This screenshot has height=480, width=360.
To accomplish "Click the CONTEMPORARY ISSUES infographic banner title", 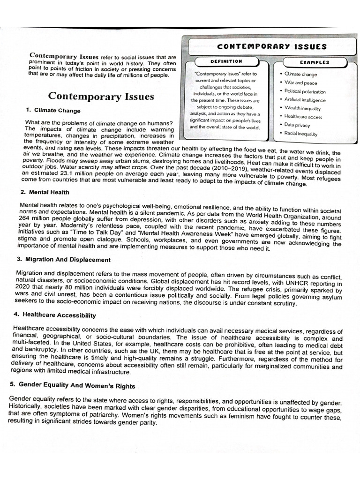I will click(x=272, y=47).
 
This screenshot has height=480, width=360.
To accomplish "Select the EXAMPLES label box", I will click(x=314, y=62).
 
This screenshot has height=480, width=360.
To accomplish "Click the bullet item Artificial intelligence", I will click(x=305, y=100).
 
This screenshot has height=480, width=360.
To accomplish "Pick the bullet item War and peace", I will click(x=300, y=83).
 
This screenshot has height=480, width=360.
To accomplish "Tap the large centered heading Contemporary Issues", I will click(x=101, y=97).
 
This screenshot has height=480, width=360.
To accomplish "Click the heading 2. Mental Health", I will click(x=45, y=192).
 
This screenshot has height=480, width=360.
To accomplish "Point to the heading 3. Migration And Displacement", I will click(x=64, y=260).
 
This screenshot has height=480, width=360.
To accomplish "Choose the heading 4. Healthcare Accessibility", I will click(x=56, y=315).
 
